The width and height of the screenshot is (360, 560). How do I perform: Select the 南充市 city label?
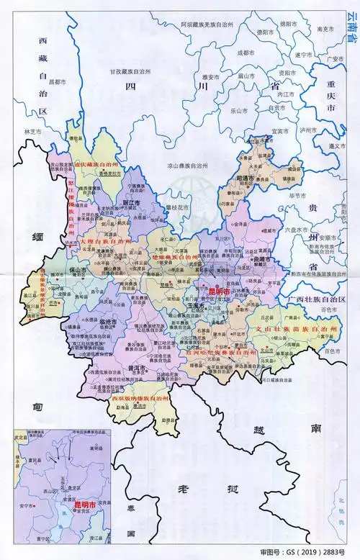click(325, 29)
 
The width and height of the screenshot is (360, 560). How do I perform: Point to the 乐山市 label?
click(239, 112)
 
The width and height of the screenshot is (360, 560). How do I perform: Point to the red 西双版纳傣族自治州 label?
click(139, 397)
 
